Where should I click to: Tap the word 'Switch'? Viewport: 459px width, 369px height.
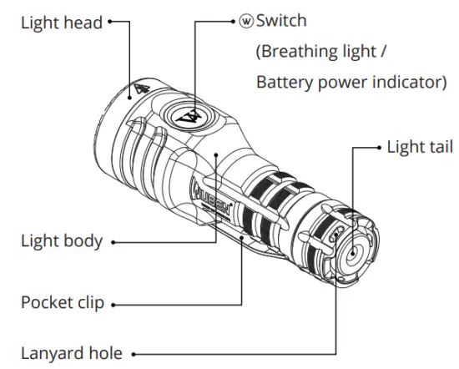(283, 19)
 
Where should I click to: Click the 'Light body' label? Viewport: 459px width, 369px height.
(62, 242)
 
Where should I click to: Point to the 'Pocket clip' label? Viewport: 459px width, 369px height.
(63, 301)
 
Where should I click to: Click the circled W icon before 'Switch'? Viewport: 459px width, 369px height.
(246, 19)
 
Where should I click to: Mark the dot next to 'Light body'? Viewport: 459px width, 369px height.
(113, 243)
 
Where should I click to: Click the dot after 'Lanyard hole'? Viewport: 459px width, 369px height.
(134, 354)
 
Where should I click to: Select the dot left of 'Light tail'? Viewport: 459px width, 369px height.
(377, 148)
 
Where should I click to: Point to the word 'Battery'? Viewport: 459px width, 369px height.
(282, 83)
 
